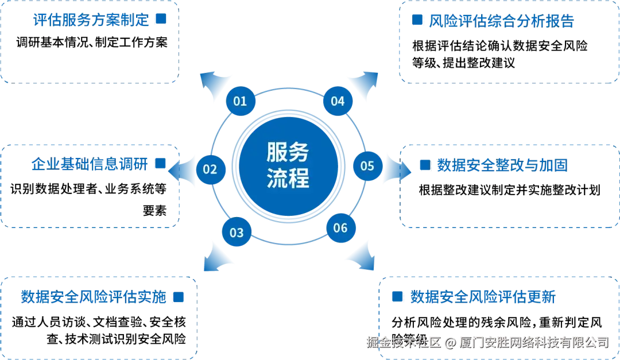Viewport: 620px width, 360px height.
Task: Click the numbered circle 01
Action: (x=240, y=102)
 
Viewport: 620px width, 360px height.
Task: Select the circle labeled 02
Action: (x=210, y=169)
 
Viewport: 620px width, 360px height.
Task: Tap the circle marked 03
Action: (x=237, y=233)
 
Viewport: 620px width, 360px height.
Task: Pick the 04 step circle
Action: (x=338, y=102)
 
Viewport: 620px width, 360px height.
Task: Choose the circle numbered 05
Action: (x=367, y=166)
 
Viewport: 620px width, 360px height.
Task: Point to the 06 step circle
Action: (x=340, y=228)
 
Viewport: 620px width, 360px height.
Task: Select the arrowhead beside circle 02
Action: (x=183, y=171)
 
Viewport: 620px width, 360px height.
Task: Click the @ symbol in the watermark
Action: (x=450, y=343)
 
